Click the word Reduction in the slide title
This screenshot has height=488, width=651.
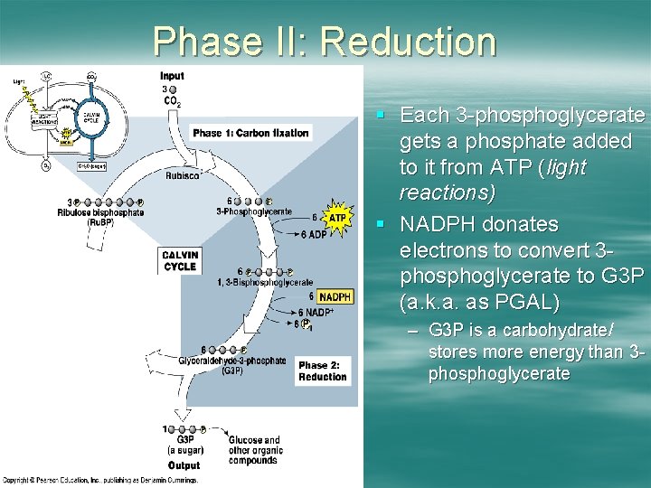(408, 42)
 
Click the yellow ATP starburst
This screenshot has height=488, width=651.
(337, 218)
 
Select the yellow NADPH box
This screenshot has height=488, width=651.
(335, 296)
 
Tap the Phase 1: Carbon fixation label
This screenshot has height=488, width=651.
(250, 133)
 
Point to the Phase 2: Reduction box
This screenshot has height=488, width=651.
(322, 371)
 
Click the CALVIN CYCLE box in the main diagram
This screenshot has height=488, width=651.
(180, 260)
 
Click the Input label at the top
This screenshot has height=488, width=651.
(172, 76)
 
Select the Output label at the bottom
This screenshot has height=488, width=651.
(184, 465)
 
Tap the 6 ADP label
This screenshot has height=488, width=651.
(312, 235)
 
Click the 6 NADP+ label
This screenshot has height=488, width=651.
(314, 312)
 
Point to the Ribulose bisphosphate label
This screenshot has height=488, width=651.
(100, 213)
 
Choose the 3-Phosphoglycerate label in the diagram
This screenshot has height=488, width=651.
(254, 211)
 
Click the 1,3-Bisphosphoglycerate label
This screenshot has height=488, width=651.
(265, 283)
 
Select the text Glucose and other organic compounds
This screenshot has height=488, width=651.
(255, 450)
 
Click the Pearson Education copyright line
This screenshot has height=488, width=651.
(99, 479)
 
